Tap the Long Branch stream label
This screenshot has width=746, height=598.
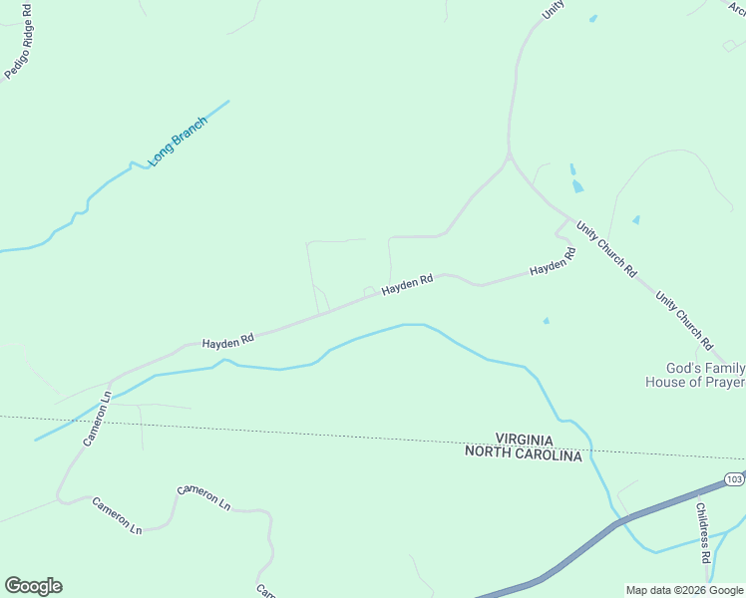click(x=178, y=142)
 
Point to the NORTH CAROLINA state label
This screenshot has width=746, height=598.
click(x=523, y=455)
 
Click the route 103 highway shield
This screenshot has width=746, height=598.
click(x=734, y=479)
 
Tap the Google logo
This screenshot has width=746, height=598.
click(x=33, y=586)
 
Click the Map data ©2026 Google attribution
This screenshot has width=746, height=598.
click(x=685, y=590)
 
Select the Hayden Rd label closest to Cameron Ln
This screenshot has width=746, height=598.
click(x=227, y=341)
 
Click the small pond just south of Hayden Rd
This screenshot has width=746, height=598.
click(x=546, y=321)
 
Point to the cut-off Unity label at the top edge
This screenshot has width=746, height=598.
click(x=553, y=9)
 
